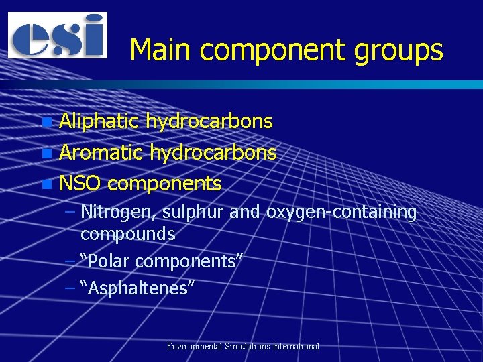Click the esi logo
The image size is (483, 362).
[57, 35]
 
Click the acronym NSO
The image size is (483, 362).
[80, 183]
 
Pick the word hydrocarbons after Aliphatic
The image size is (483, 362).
[209, 121]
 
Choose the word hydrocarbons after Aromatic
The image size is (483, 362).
[213, 153]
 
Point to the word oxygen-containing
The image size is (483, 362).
[341, 213]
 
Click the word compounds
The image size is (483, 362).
[127, 234]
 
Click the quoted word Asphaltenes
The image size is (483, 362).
[137, 288]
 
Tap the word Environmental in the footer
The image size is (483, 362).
[195, 347]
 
